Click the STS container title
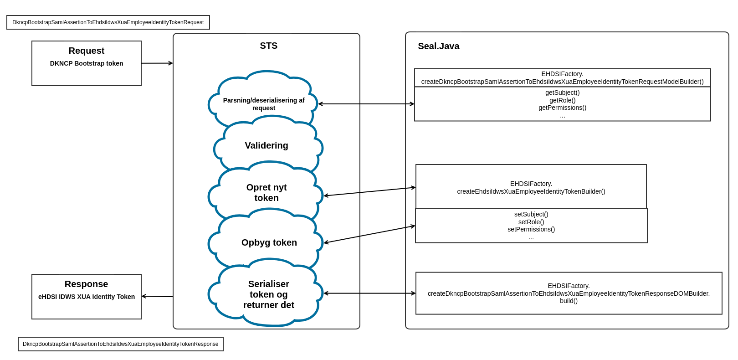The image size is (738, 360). tap(268, 46)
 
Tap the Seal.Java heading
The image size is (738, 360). tap(438, 46)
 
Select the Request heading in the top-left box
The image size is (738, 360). tap(87, 51)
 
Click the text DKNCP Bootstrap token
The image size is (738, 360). tap(87, 63)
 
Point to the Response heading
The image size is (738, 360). tap(86, 284)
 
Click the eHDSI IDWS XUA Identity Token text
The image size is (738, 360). tap(87, 297)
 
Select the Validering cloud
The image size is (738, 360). tap(266, 145)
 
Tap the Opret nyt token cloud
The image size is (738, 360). tap(266, 192)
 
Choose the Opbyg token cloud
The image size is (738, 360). tap(269, 242)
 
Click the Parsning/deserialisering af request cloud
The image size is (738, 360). tap(264, 104)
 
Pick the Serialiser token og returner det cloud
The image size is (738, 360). tap(268, 294)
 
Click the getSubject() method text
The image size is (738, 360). tap(562, 93)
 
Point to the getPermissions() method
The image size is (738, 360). tap(562, 108)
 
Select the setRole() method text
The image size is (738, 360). tap(531, 222)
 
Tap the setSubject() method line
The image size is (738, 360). tap(531, 214)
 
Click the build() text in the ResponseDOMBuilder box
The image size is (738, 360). tap(569, 301)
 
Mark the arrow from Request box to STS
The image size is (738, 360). tap(157, 63)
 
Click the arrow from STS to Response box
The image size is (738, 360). tap(157, 296)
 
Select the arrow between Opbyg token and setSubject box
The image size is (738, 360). tap(369, 234)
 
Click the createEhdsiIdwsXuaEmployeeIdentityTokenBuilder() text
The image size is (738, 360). tap(531, 191)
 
